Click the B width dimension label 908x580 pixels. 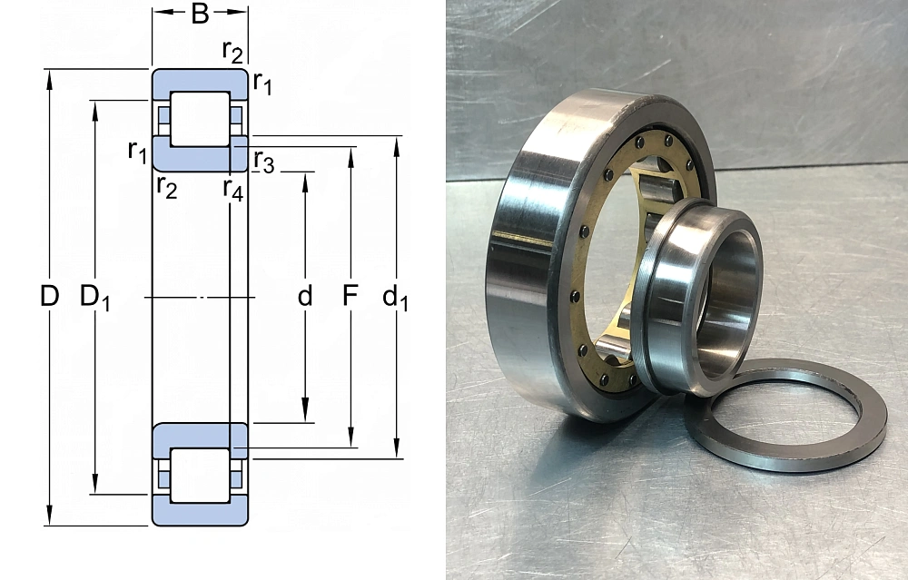(x=200, y=14)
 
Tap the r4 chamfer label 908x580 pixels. (x=233, y=190)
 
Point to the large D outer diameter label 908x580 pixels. (x=50, y=297)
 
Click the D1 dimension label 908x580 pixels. (x=94, y=298)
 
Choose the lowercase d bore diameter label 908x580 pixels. (x=304, y=296)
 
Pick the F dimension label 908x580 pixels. (x=350, y=296)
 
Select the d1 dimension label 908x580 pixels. (x=395, y=298)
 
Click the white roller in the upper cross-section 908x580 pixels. (x=201, y=119)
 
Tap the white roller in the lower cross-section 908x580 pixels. (x=201, y=476)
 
